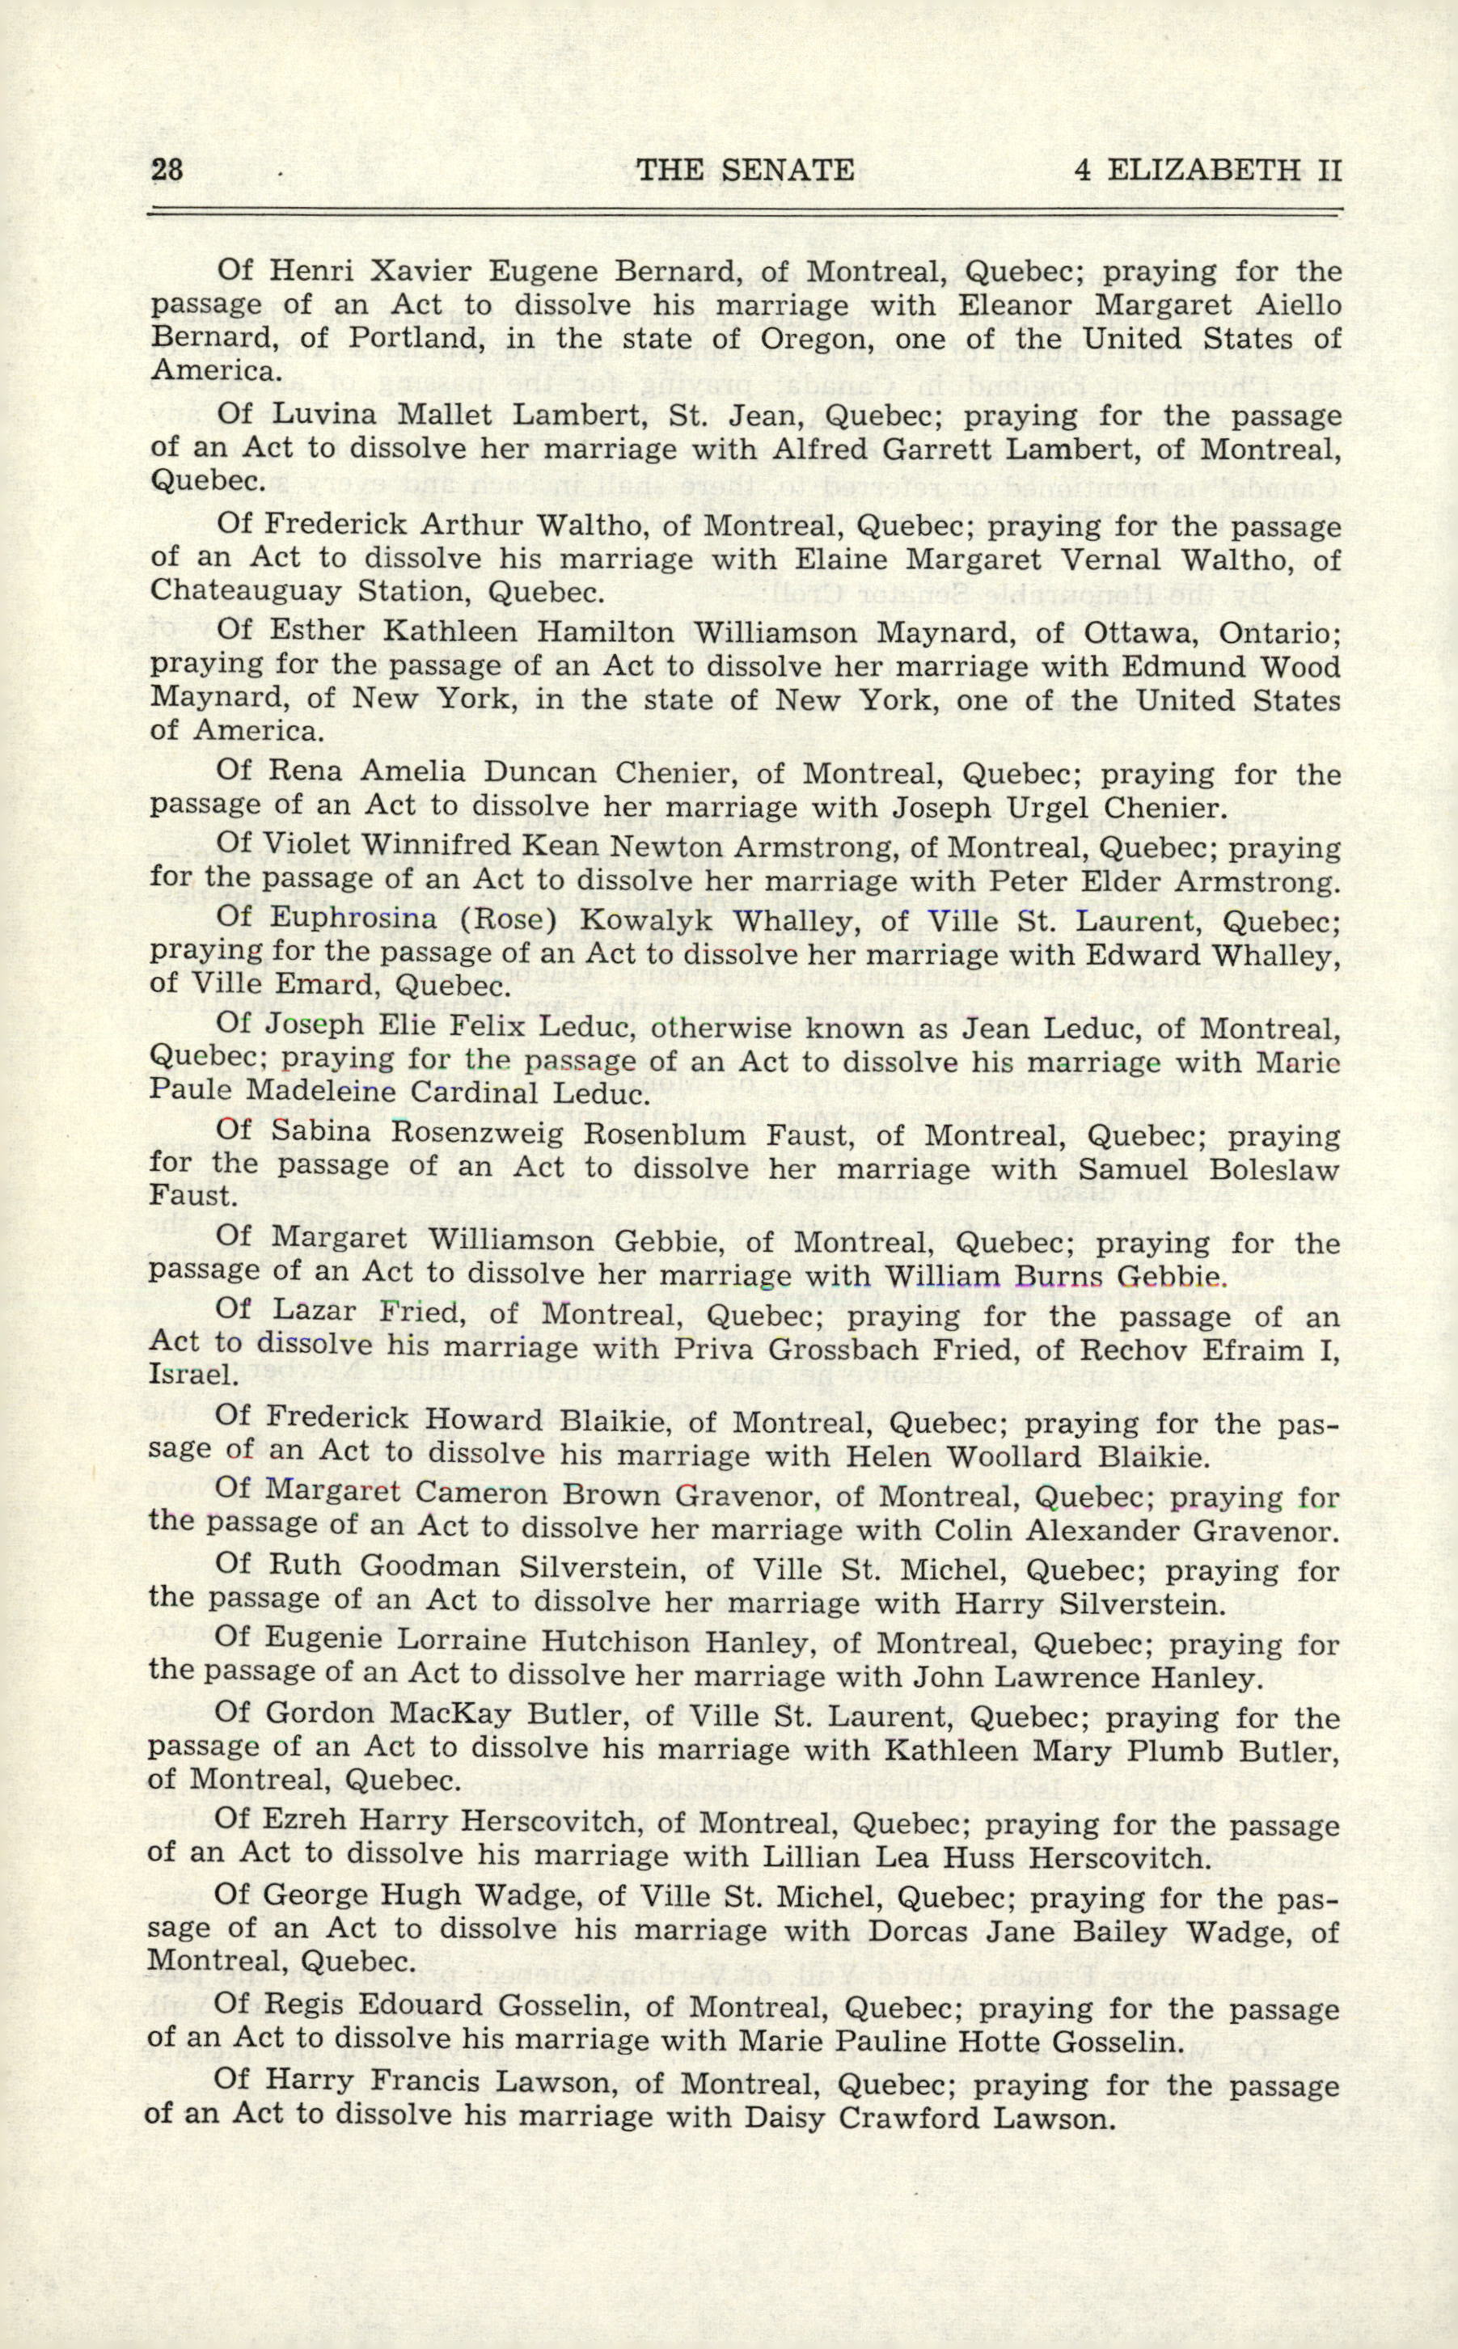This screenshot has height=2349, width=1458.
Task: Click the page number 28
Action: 167,170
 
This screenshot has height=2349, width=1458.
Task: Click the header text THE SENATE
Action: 745,170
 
